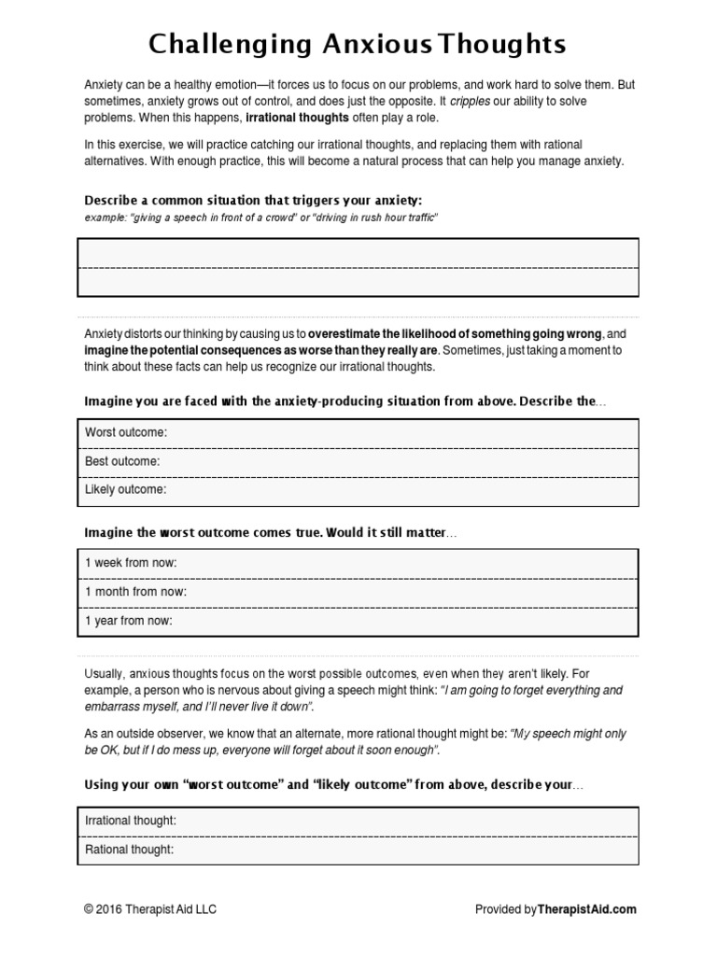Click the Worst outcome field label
(126, 433)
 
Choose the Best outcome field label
(122, 461)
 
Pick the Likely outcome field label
(125, 489)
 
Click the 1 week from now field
(131, 563)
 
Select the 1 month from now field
(135, 591)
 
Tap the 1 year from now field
(129, 619)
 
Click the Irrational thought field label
(130, 821)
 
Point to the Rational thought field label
(129, 850)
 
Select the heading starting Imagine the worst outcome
(271, 532)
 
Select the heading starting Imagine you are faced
(344, 401)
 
